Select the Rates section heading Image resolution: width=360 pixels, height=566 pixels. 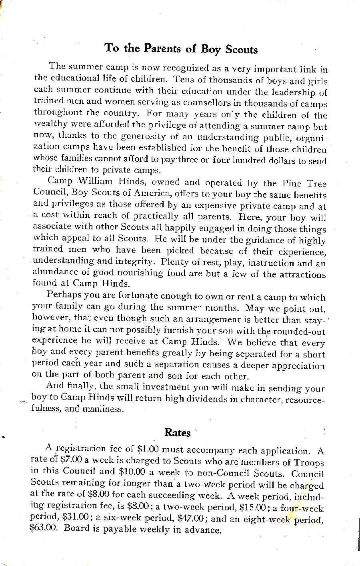[x=178, y=432]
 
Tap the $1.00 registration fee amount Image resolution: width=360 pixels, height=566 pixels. [x=148, y=450]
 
